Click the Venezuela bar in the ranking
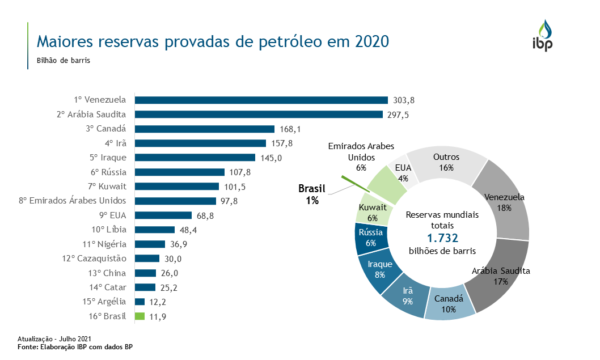click(x=261, y=100)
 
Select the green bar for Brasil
click(x=140, y=316)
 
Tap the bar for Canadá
click(x=204, y=129)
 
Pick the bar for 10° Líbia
click(x=155, y=230)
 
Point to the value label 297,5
click(x=398, y=115)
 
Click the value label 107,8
click(x=240, y=172)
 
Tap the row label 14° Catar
click(x=108, y=287)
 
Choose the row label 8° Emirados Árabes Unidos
click(x=73, y=201)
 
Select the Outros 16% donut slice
click(x=446, y=162)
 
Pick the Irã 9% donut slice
click(x=407, y=294)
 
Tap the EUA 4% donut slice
click(x=403, y=172)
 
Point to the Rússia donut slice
click(x=371, y=237)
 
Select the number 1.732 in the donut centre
click(x=442, y=238)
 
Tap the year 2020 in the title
click(x=372, y=41)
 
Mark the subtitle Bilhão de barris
click(x=64, y=60)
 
